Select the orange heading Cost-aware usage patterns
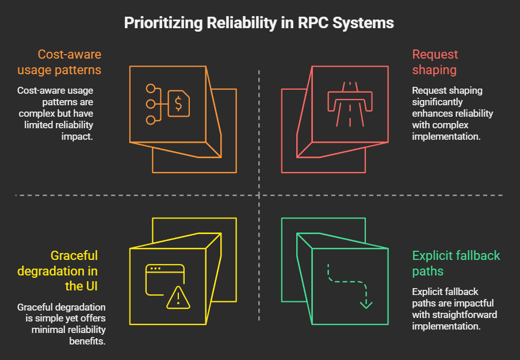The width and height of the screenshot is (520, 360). click(70, 62)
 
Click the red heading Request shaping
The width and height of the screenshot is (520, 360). click(435, 62)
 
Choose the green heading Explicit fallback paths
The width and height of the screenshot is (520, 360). click(456, 263)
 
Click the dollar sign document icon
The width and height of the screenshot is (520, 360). click(178, 104)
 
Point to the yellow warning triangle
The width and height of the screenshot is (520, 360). click(178, 297)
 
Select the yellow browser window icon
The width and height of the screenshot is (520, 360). click(161, 279)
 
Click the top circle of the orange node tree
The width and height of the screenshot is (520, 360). click(151, 89)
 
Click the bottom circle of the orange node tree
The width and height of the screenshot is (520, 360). click(151, 120)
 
